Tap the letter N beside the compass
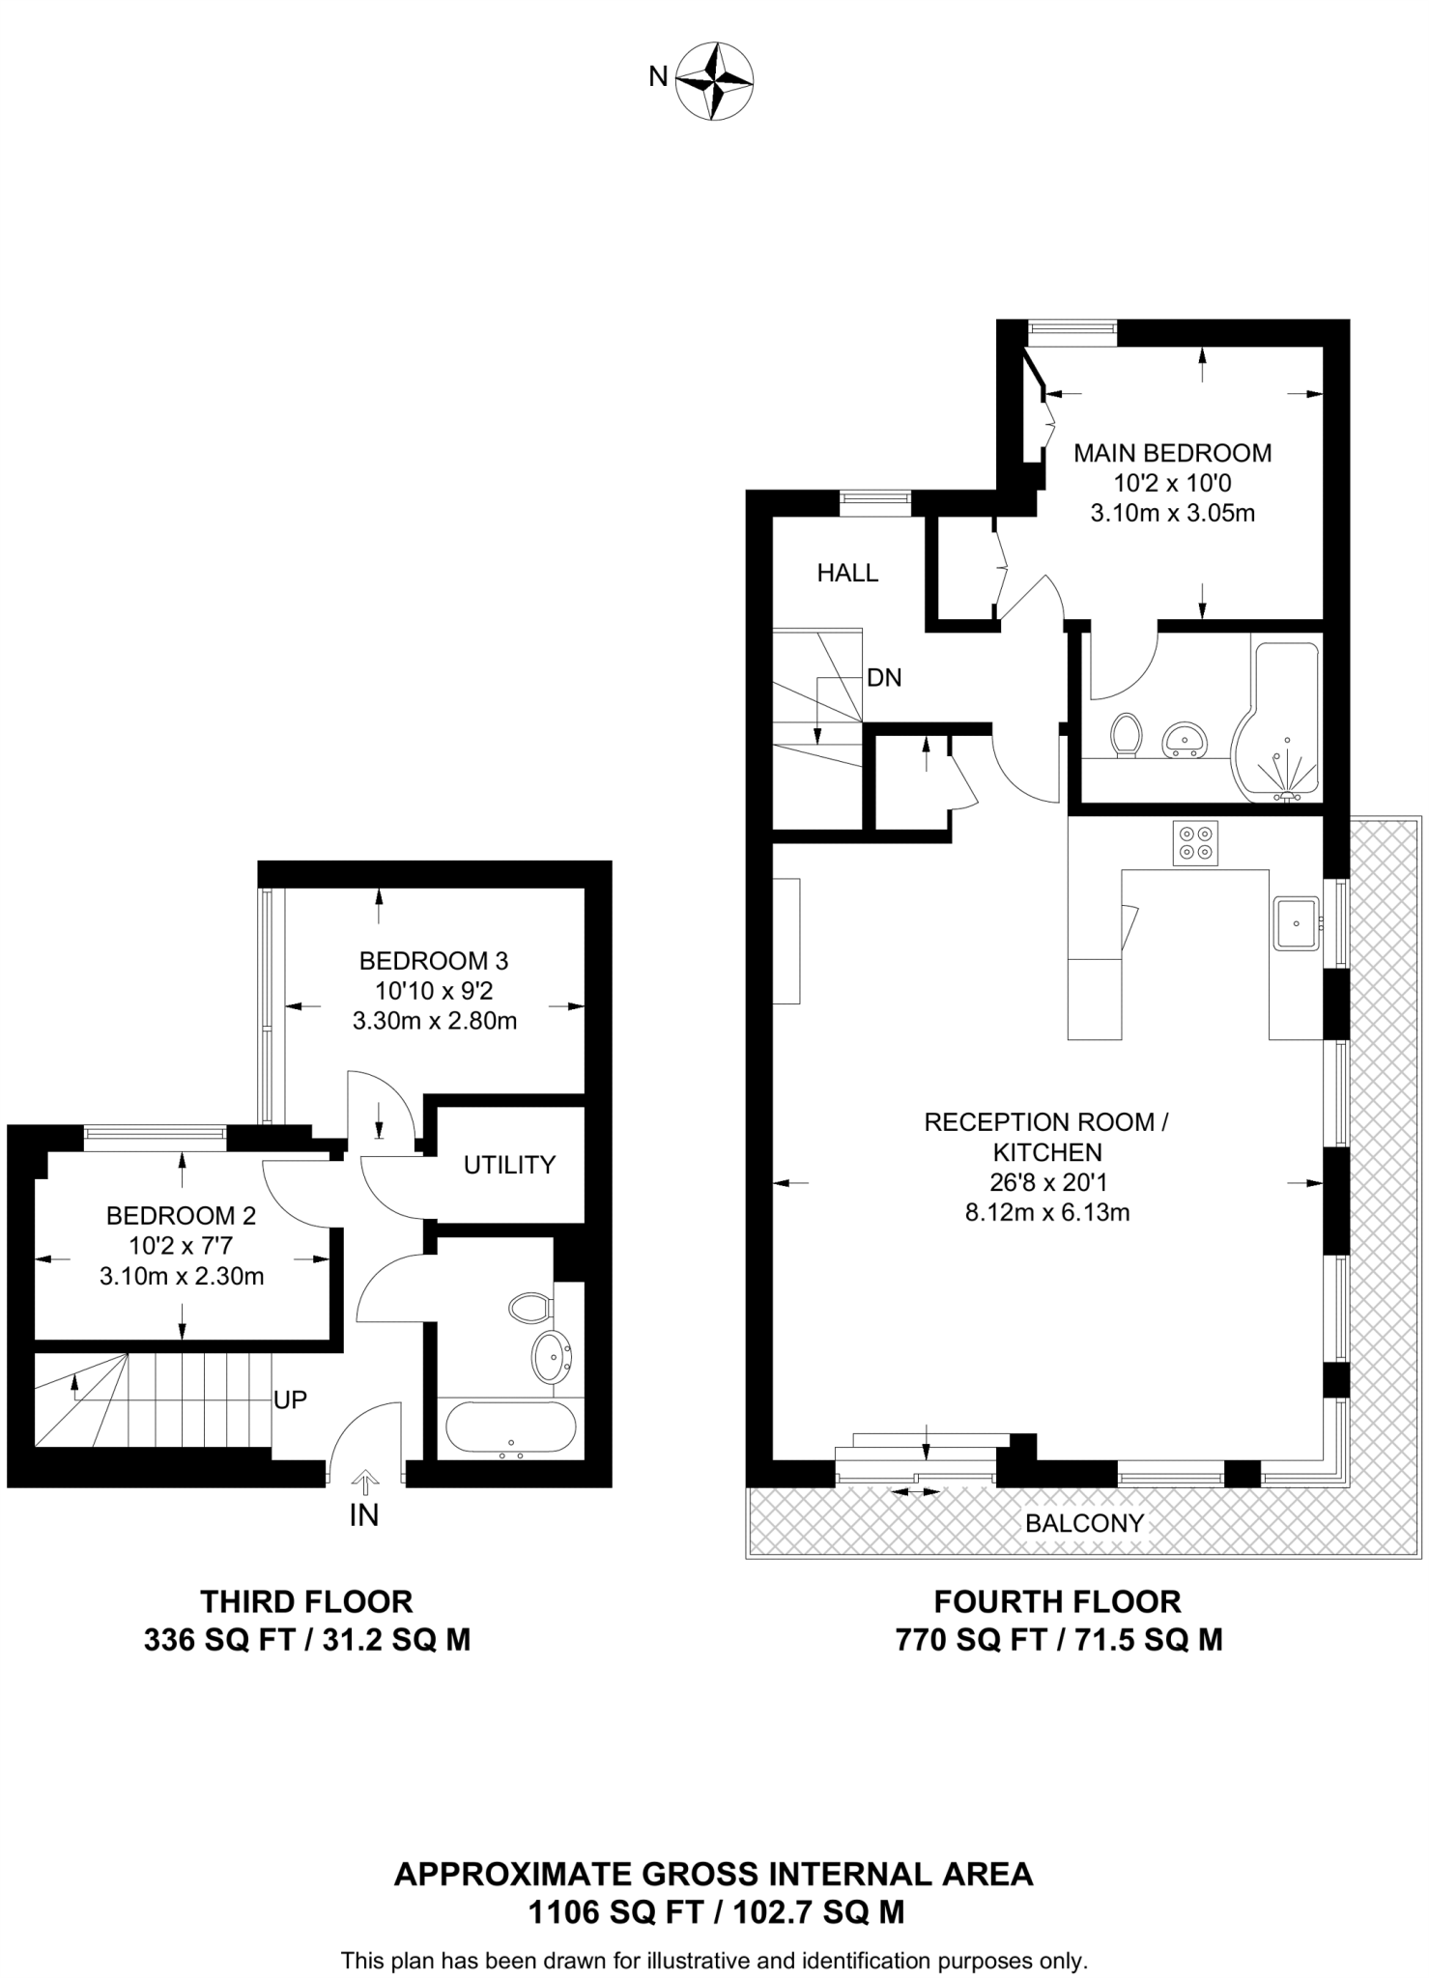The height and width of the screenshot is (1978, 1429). [658, 76]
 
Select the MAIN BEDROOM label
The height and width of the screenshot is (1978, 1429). [1172, 452]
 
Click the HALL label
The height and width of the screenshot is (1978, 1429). [847, 573]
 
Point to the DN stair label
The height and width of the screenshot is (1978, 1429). [884, 678]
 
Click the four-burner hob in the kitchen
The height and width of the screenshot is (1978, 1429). [1195, 842]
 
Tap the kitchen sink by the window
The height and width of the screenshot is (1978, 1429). [1295, 922]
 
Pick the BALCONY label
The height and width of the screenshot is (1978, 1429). [1084, 1523]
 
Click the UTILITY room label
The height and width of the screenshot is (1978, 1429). [509, 1165]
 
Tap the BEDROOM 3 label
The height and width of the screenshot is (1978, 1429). [434, 960]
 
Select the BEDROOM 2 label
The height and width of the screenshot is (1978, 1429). [181, 1215]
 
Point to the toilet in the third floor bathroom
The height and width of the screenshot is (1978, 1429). [529, 1309]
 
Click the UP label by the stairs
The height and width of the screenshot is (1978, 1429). [290, 1399]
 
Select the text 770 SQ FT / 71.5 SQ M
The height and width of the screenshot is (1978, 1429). [1058, 1640]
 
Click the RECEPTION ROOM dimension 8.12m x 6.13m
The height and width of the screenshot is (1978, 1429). [1046, 1212]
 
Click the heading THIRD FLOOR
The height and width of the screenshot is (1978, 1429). [306, 1601]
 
